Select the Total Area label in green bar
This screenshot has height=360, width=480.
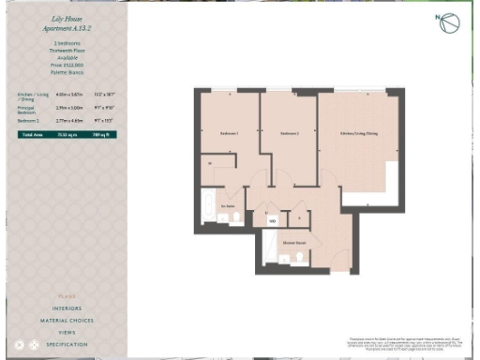[32, 135]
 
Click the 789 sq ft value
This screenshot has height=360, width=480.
[104, 135]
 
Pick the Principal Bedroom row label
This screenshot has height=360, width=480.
[27, 110]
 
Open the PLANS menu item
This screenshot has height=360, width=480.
[66, 296]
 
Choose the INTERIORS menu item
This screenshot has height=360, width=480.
[66, 308]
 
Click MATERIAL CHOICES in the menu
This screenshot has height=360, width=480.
[66, 321]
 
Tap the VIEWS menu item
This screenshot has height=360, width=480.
[66, 333]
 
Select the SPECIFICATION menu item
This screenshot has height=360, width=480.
[66, 345]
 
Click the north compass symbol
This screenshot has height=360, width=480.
[448, 23]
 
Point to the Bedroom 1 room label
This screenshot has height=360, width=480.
[230, 133]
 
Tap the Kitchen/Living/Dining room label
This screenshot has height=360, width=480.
[359, 133]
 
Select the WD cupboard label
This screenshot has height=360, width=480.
[272, 221]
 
